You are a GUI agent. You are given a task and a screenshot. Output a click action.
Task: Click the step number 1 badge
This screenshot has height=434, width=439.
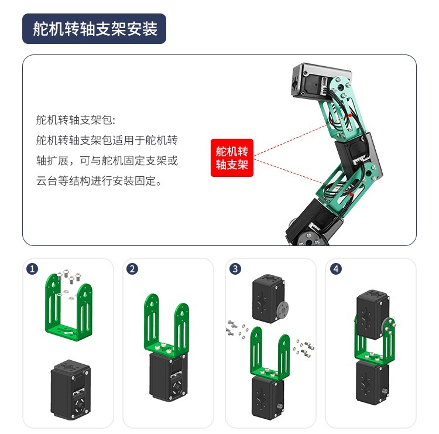coord(32,269)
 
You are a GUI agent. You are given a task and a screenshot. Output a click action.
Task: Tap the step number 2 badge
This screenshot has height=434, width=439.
coord(132,269)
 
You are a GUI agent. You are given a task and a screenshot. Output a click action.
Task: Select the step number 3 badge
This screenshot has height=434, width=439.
coord(235,269)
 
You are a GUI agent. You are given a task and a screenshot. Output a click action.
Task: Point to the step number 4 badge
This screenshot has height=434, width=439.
coord(336,269)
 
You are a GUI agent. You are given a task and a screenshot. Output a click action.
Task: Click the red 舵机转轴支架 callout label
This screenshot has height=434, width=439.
coord(232,158)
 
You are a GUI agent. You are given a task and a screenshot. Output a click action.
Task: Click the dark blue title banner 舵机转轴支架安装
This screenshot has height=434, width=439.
coord(94,29)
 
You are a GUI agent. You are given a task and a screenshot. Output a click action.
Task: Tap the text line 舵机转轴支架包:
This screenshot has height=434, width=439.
coord(76,120)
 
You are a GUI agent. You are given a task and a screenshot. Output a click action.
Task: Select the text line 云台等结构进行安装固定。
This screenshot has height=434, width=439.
coord(99,181)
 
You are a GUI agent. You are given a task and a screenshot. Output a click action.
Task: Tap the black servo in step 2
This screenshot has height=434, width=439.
coord(168,377)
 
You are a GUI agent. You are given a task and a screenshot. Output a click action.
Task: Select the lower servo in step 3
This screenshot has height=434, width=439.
coord(268,398)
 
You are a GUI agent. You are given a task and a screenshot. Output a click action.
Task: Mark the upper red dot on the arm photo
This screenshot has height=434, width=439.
coord(350,115)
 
